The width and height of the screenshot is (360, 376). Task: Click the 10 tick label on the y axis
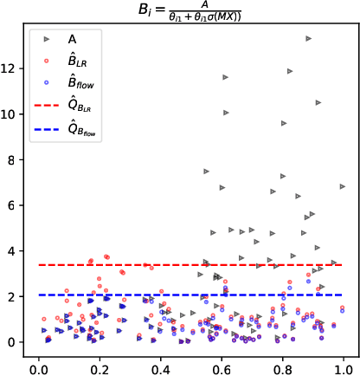10,113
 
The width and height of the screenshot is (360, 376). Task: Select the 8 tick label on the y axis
13,159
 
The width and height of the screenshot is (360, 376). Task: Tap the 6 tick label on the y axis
13,205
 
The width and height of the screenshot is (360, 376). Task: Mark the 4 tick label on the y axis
13,251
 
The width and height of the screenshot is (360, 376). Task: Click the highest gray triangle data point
308,38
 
